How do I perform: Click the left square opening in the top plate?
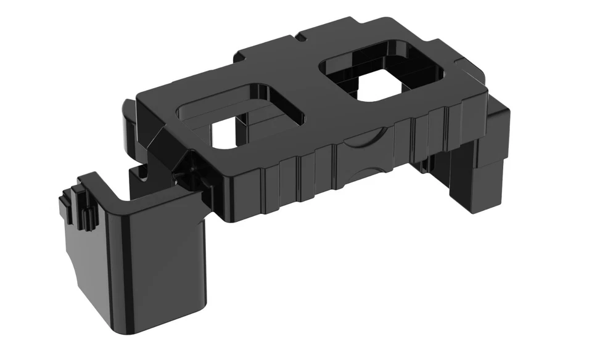coord(240,120)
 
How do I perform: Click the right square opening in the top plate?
coord(382,77)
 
